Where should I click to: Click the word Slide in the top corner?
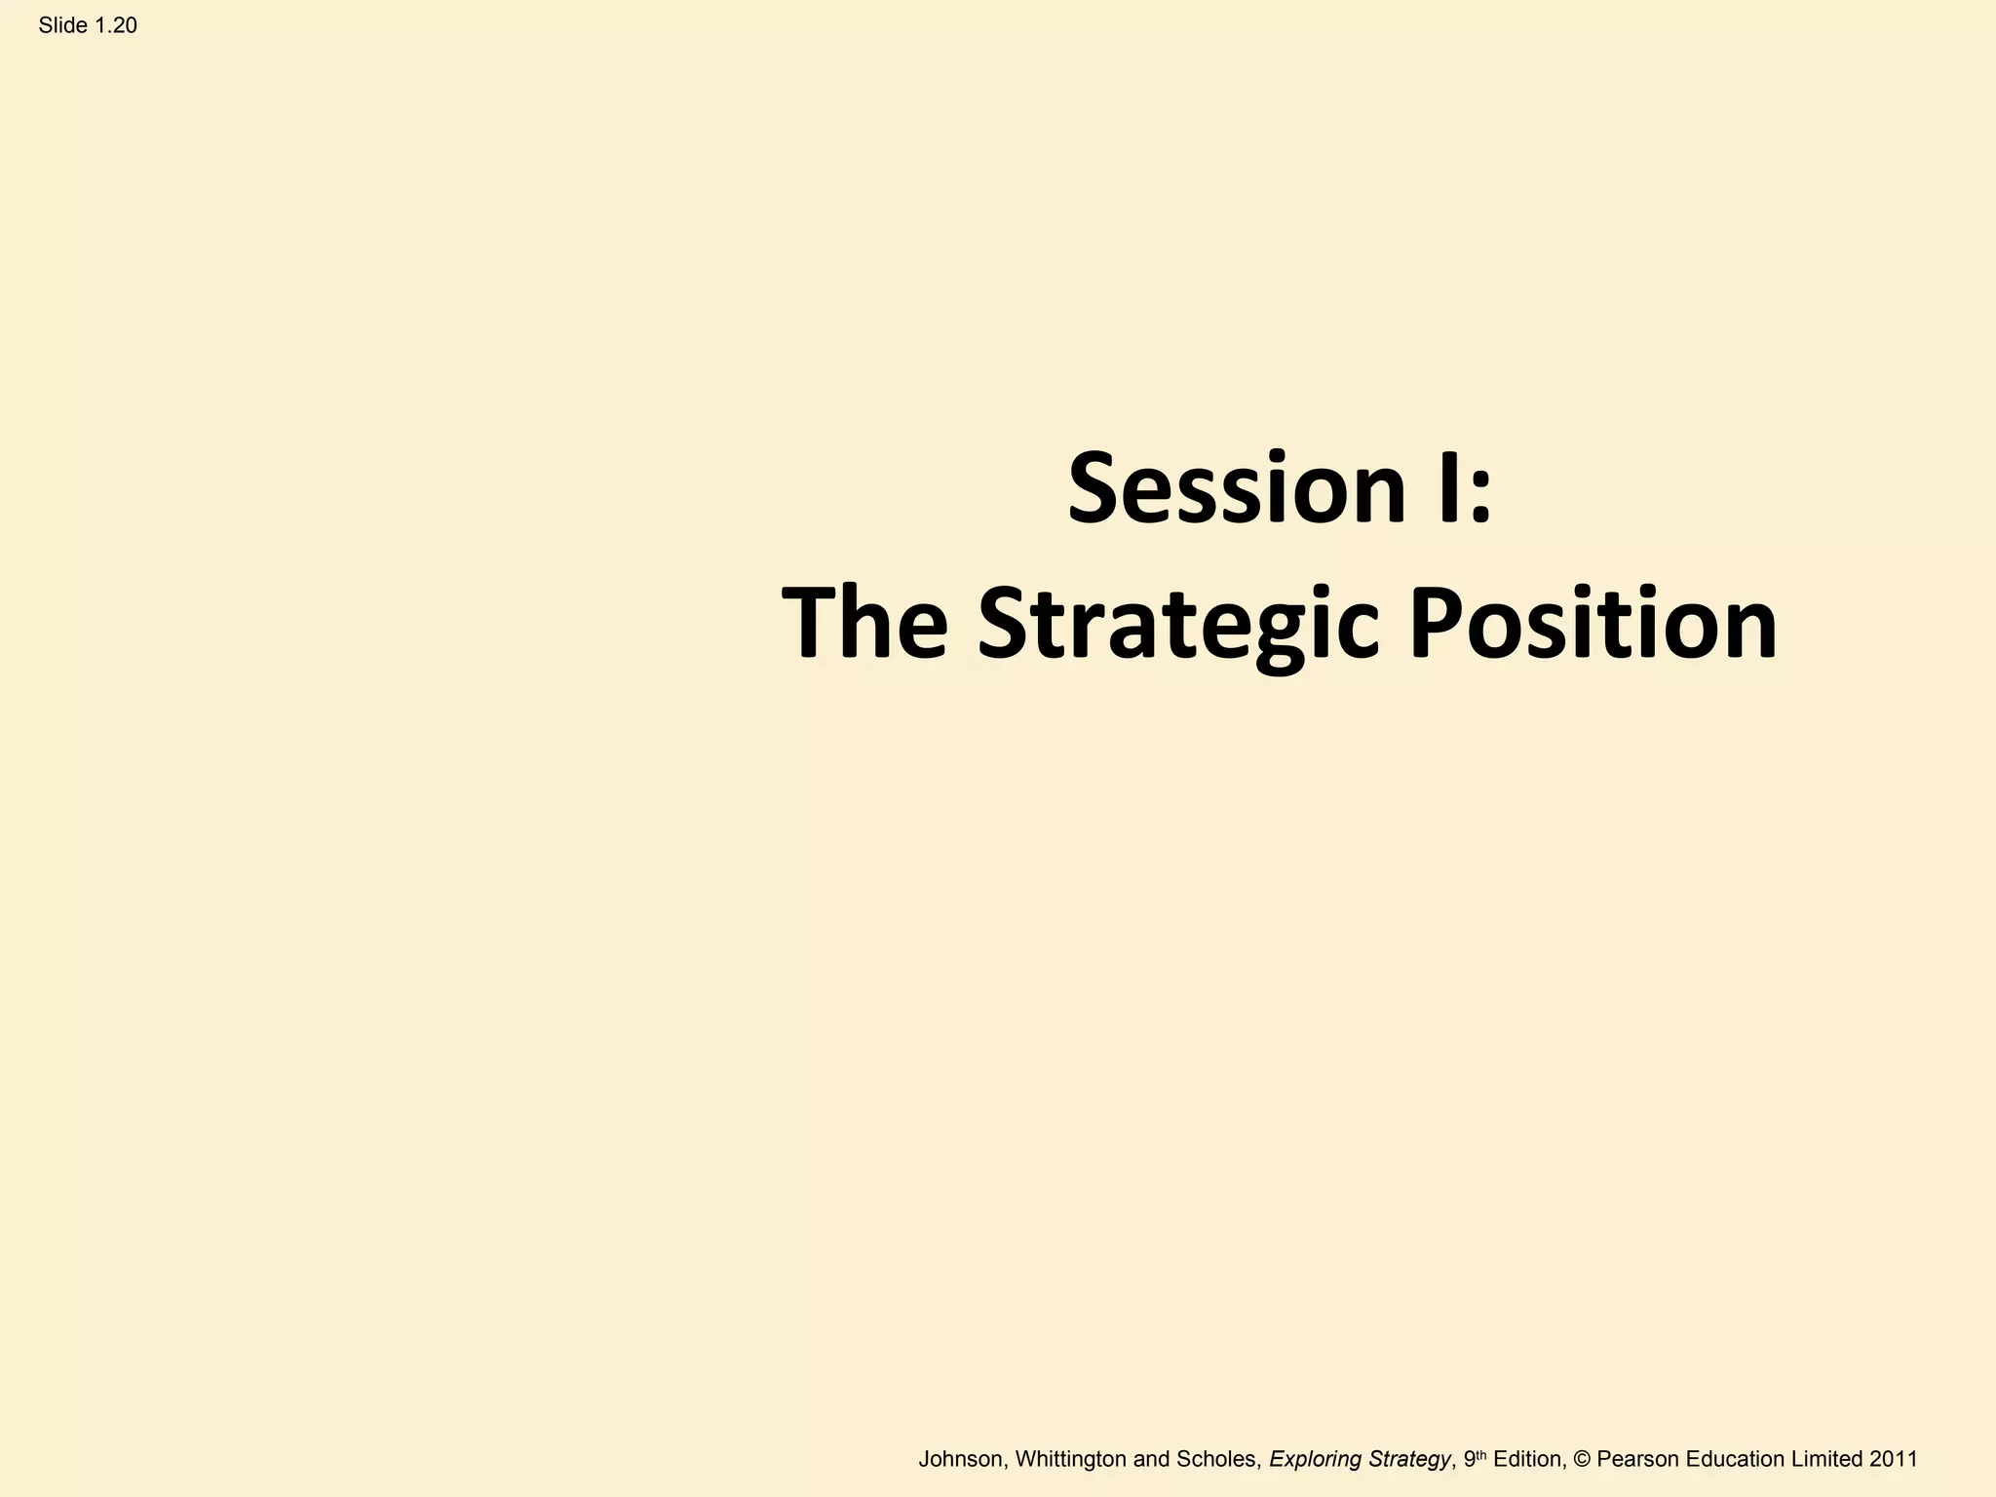click(63, 26)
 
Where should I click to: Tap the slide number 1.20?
click(116, 26)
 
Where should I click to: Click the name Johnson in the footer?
click(960, 1459)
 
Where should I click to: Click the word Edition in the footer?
click(1529, 1459)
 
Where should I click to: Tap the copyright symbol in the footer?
click(1582, 1459)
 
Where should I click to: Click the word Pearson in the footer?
click(1637, 1459)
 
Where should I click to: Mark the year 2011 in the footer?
click(1894, 1459)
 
